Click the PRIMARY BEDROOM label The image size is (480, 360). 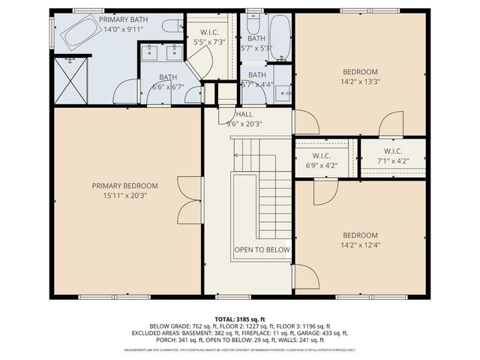click(125, 186)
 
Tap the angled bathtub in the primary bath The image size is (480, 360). click(79, 31)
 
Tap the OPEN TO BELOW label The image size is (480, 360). click(262, 250)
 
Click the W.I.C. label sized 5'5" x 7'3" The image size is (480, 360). click(209, 33)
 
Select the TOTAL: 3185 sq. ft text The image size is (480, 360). click(240, 318)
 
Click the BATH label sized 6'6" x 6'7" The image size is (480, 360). click(167, 77)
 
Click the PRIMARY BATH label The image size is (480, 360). click(124, 19)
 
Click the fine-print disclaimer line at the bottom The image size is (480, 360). click(240, 350)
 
